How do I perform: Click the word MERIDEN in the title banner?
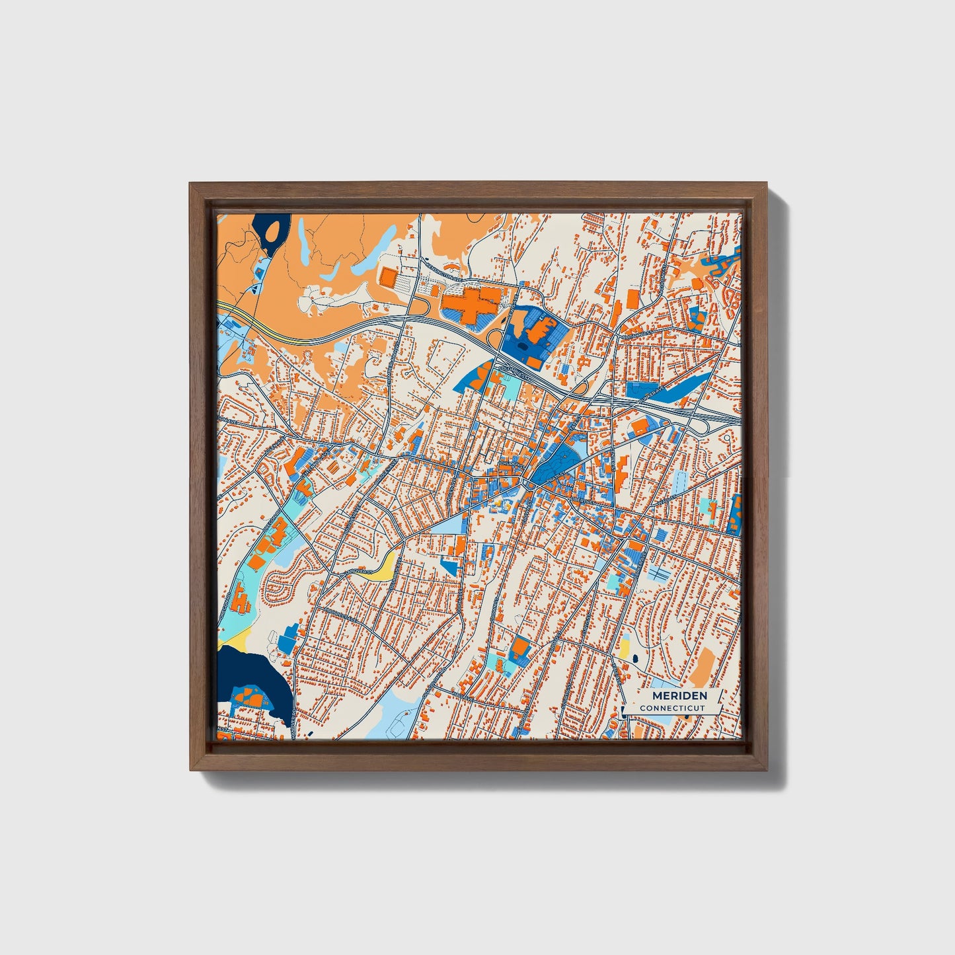[x=679, y=696]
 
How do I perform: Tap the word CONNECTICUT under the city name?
[x=672, y=708]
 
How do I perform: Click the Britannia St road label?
[x=642, y=328]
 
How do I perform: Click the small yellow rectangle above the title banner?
[x=623, y=648]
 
